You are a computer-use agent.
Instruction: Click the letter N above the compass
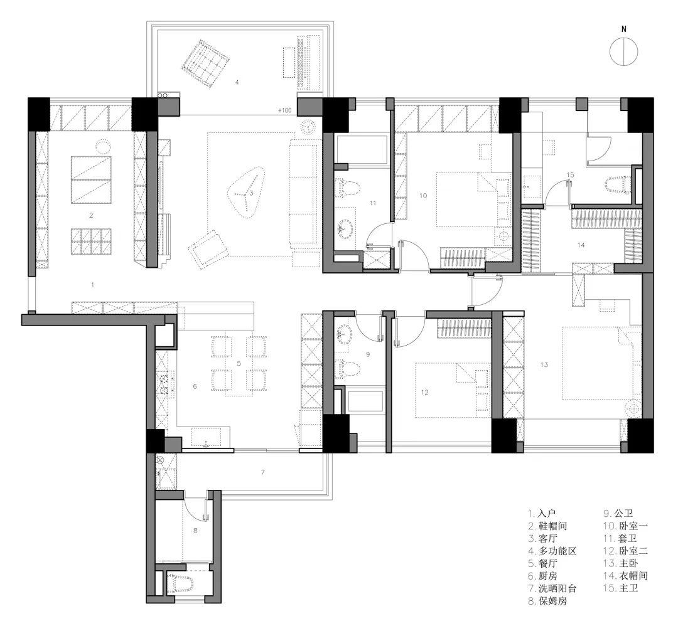click(623, 29)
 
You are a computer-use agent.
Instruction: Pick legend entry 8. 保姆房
click(547, 600)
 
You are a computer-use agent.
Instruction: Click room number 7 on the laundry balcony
click(262, 472)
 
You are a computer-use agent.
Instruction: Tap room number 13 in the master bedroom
click(544, 364)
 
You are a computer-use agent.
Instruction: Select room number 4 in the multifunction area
click(237, 82)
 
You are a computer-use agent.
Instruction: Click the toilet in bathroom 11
click(348, 189)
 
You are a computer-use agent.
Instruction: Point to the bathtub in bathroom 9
click(365, 401)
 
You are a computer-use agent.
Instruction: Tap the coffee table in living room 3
click(245, 193)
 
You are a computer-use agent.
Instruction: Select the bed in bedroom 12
click(453, 390)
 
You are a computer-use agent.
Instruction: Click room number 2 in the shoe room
click(91, 215)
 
